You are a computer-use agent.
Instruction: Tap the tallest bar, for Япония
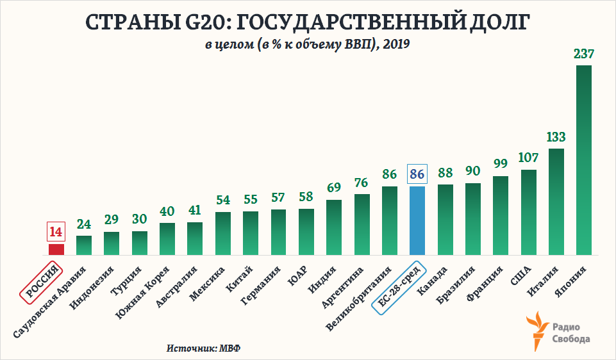click(584, 160)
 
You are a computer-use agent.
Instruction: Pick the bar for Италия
click(556, 202)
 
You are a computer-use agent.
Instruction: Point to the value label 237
click(584, 54)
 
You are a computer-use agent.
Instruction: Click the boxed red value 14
click(56, 231)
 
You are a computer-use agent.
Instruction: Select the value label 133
click(556, 137)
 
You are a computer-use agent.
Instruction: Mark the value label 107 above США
click(528, 158)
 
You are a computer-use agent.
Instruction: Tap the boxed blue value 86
click(417, 174)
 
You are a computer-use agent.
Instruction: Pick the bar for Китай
click(250, 233)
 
